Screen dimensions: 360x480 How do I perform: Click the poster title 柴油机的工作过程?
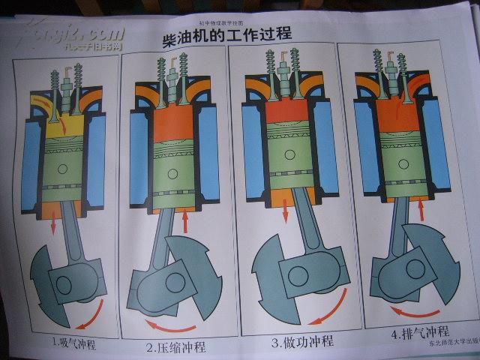click(x=226, y=35)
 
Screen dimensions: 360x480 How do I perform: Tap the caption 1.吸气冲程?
click(x=73, y=344)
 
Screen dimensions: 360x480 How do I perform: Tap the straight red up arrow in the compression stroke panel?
click(x=184, y=220)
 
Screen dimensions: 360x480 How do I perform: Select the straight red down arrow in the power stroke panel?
click(x=285, y=213)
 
